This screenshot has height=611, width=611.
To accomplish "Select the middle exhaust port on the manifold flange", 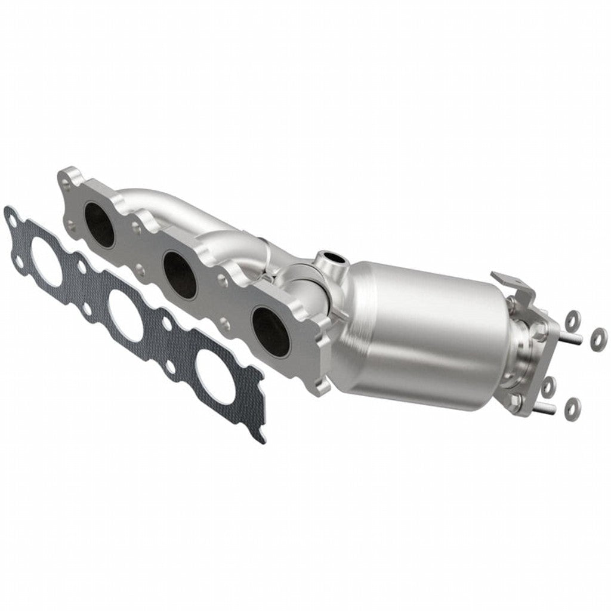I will (180, 274).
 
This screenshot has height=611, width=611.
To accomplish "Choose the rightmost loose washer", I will (597, 338).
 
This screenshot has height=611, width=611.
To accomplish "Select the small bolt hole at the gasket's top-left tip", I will (11, 221).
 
